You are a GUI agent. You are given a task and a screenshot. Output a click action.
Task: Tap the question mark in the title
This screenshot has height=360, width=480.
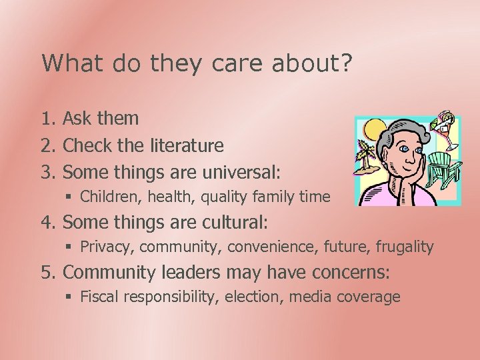point(347,64)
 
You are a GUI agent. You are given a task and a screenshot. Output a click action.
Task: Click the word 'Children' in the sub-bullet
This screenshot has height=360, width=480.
point(103,197)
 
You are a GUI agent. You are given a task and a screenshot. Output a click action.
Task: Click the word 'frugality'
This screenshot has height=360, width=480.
point(405,247)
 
